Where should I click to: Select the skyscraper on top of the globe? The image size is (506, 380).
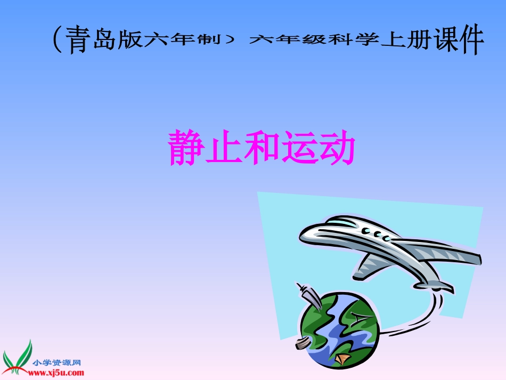coord(308,296)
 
